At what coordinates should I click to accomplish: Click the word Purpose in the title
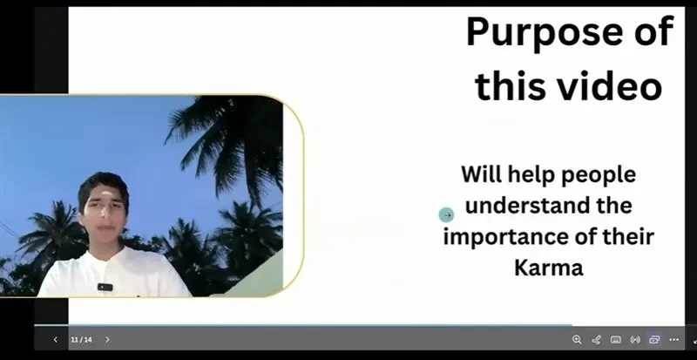tap(544, 33)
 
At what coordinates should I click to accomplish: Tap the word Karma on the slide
tap(549, 268)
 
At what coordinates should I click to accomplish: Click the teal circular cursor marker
tap(446, 215)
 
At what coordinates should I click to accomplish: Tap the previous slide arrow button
tap(56, 340)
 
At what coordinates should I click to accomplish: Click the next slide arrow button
tap(107, 340)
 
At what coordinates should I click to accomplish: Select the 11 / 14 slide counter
tap(81, 340)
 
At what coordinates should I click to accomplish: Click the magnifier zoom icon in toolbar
tap(577, 340)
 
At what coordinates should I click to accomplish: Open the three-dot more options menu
tap(673, 340)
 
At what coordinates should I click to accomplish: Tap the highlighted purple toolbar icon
tap(654, 340)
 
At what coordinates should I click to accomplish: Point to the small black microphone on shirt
tap(105, 287)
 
